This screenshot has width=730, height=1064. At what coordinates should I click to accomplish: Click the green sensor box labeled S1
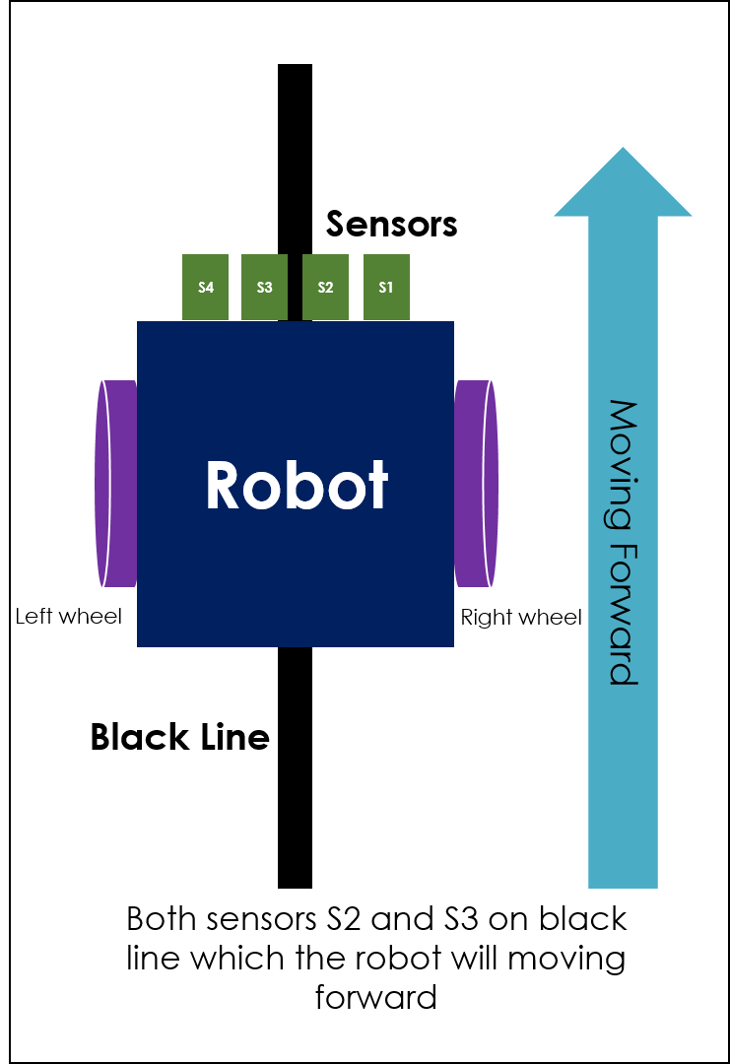click(386, 288)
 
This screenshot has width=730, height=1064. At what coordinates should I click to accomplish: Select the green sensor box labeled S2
click(325, 288)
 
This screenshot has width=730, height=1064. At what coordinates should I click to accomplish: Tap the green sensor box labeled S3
click(264, 288)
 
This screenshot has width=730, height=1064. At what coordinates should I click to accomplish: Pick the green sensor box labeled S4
click(205, 288)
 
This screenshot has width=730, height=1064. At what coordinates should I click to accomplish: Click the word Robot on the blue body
click(297, 485)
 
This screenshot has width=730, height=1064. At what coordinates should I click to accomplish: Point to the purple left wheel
click(115, 483)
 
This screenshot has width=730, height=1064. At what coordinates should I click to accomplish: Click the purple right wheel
click(476, 483)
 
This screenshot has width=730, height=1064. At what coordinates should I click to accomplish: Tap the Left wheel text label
click(69, 617)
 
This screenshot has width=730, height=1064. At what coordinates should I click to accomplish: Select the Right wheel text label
click(521, 618)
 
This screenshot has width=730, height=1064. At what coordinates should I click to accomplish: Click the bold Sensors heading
click(391, 225)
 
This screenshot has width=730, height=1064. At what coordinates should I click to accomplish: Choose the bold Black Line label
click(179, 737)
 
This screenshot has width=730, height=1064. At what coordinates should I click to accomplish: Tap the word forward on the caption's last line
click(375, 997)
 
